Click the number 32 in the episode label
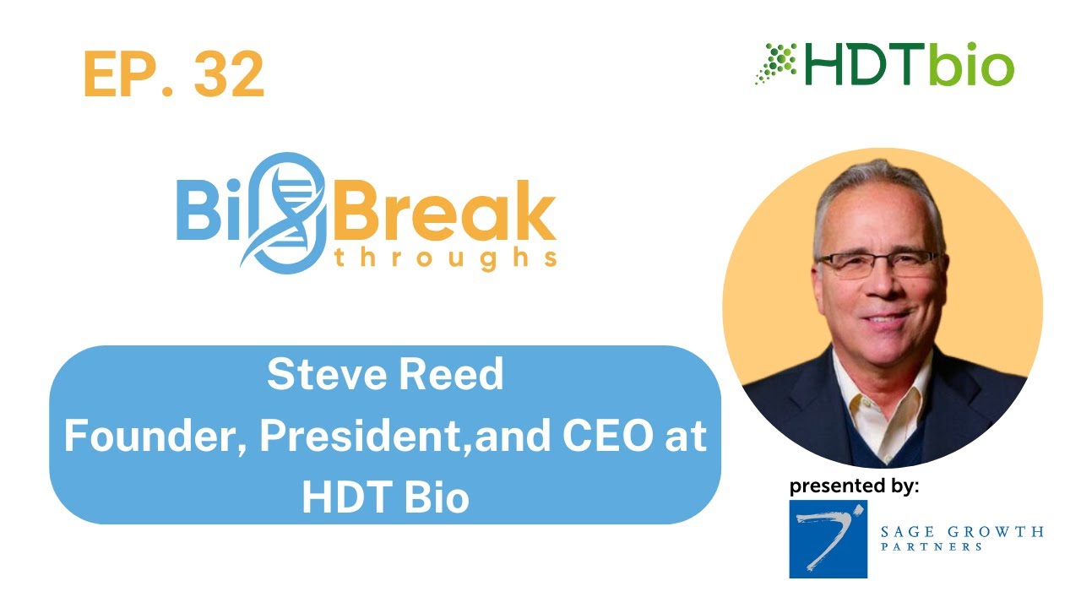coord(229,74)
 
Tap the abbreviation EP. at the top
coord(126,74)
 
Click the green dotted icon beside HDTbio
coord(775,64)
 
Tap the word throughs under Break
coord(445,258)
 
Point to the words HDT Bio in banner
coord(385,497)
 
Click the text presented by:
coord(854,486)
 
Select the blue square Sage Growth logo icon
coord(828,539)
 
